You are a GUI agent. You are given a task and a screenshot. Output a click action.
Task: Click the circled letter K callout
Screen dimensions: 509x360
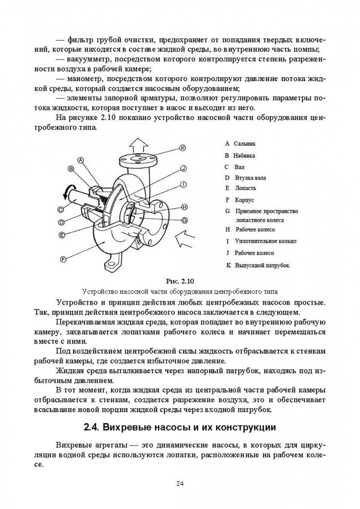point(183,148)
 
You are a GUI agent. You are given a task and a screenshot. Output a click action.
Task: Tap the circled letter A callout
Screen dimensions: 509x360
point(81,160)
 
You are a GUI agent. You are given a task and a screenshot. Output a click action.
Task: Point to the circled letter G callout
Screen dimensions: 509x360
point(185,220)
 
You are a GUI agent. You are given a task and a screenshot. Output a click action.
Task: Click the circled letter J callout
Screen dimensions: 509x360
point(184,168)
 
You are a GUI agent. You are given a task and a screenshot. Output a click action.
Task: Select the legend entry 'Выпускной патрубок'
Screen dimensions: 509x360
point(262,265)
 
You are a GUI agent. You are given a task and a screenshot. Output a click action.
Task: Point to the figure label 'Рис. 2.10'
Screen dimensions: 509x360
point(180,281)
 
